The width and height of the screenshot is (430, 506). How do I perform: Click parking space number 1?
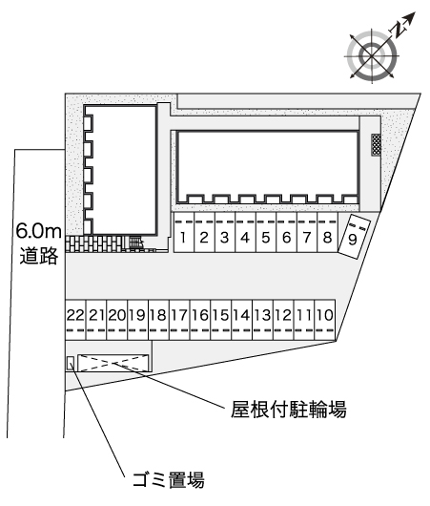pyautogui.click(x=184, y=232)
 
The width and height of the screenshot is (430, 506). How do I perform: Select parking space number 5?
pyautogui.click(x=266, y=232)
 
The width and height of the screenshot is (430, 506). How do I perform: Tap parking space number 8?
pyautogui.click(x=327, y=232)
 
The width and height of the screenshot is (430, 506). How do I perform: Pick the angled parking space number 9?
pyautogui.click(x=355, y=236)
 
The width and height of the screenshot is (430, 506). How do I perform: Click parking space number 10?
pyautogui.click(x=325, y=320)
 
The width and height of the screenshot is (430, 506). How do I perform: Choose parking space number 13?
pyautogui.click(x=263, y=320)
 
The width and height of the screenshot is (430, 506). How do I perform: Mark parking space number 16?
pyautogui.click(x=200, y=320)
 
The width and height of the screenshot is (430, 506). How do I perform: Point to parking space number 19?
pyautogui.click(x=138, y=320)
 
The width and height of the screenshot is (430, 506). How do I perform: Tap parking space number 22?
pyautogui.click(x=75, y=320)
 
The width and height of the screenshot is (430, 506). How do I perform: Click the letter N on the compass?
pyautogui.click(x=399, y=31)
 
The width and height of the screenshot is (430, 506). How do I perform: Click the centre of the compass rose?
pyautogui.click(x=372, y=56)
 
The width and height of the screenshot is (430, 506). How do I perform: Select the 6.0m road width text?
pyautogui.click(x=39, y=231)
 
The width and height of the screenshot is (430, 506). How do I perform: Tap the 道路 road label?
pyautogui.click(x=39, y=256)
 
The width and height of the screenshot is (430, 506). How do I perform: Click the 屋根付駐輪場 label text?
pyautogui.click(x=289, y=410)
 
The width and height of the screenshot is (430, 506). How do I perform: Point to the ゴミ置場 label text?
pyautogui.click(x=169, y=479)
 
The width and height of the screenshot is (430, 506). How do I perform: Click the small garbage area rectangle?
pyautogui.click(x=71, y=363)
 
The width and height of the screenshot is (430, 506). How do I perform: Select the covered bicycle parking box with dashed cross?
pyautogui.click(x=113, y=363)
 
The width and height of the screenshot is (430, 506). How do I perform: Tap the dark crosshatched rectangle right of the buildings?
pyautogui.click(x=377, y=145)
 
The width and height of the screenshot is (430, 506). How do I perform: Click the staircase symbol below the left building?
pyautogui.click(x=135, y=242)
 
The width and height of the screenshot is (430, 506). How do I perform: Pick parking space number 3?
pyautogui.click(x=225, y=232)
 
